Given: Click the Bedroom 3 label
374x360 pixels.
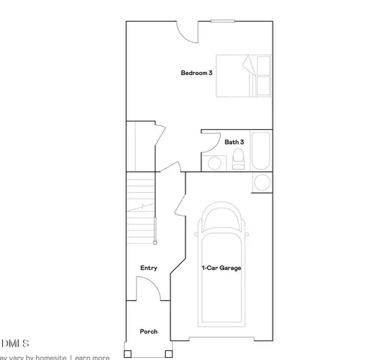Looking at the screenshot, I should pos(196,73).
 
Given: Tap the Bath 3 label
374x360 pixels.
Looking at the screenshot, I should pos(234,141).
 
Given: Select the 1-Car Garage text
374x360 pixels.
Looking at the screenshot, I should pos(220,268).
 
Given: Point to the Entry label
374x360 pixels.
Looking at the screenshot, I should pos(149,268).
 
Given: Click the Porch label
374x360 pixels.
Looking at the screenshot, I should pos(149,331).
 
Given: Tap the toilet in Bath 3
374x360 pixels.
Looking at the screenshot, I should pos(238,159).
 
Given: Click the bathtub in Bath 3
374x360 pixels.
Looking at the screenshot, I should pos(261,151).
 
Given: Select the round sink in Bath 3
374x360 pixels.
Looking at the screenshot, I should pos(214,163).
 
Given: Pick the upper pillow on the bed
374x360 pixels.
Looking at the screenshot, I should pos(264,65).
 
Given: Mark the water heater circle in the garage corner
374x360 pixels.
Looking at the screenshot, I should pos(263,182).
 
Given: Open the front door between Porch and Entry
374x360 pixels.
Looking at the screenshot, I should pos(145,288).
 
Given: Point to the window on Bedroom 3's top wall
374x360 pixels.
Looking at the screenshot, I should pos(222,22).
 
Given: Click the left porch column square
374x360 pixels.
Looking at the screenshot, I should pos(127,352).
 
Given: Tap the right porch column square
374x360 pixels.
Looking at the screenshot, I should pos(170,352).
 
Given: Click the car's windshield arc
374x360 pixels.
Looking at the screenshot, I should pos(222,221).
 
